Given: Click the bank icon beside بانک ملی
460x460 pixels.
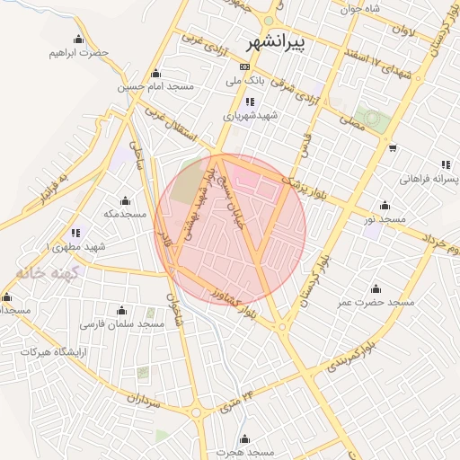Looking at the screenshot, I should click(245, 67).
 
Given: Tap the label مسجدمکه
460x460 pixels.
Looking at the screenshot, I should click(124, 213).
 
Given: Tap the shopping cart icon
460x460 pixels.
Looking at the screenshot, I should click(393, 148).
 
